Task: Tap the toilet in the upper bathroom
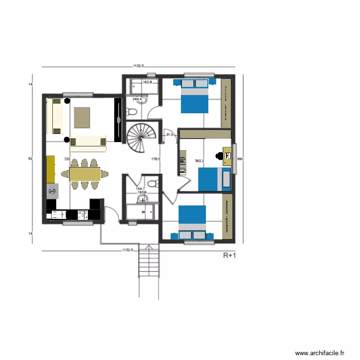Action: click(x=130, y=112)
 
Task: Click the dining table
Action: click(x=84, y=173)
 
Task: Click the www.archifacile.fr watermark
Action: click(x=320, y=353)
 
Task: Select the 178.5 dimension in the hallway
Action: click(x=155, y=158)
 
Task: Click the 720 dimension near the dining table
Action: click(x=67, y=158)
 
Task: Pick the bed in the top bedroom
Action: click(x=194, y=98)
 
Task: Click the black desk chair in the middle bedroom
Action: click(x=219, y=155)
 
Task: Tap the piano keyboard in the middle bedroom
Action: click(x=182, y=163)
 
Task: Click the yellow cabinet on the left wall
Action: click(x=51, y=169)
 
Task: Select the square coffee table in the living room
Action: click(x=82, y=118)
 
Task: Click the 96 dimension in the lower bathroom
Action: click(x=143, y=212)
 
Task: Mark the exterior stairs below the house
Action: click(x=148, y=271)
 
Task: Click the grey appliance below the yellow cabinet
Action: click(x=52, y=191)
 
